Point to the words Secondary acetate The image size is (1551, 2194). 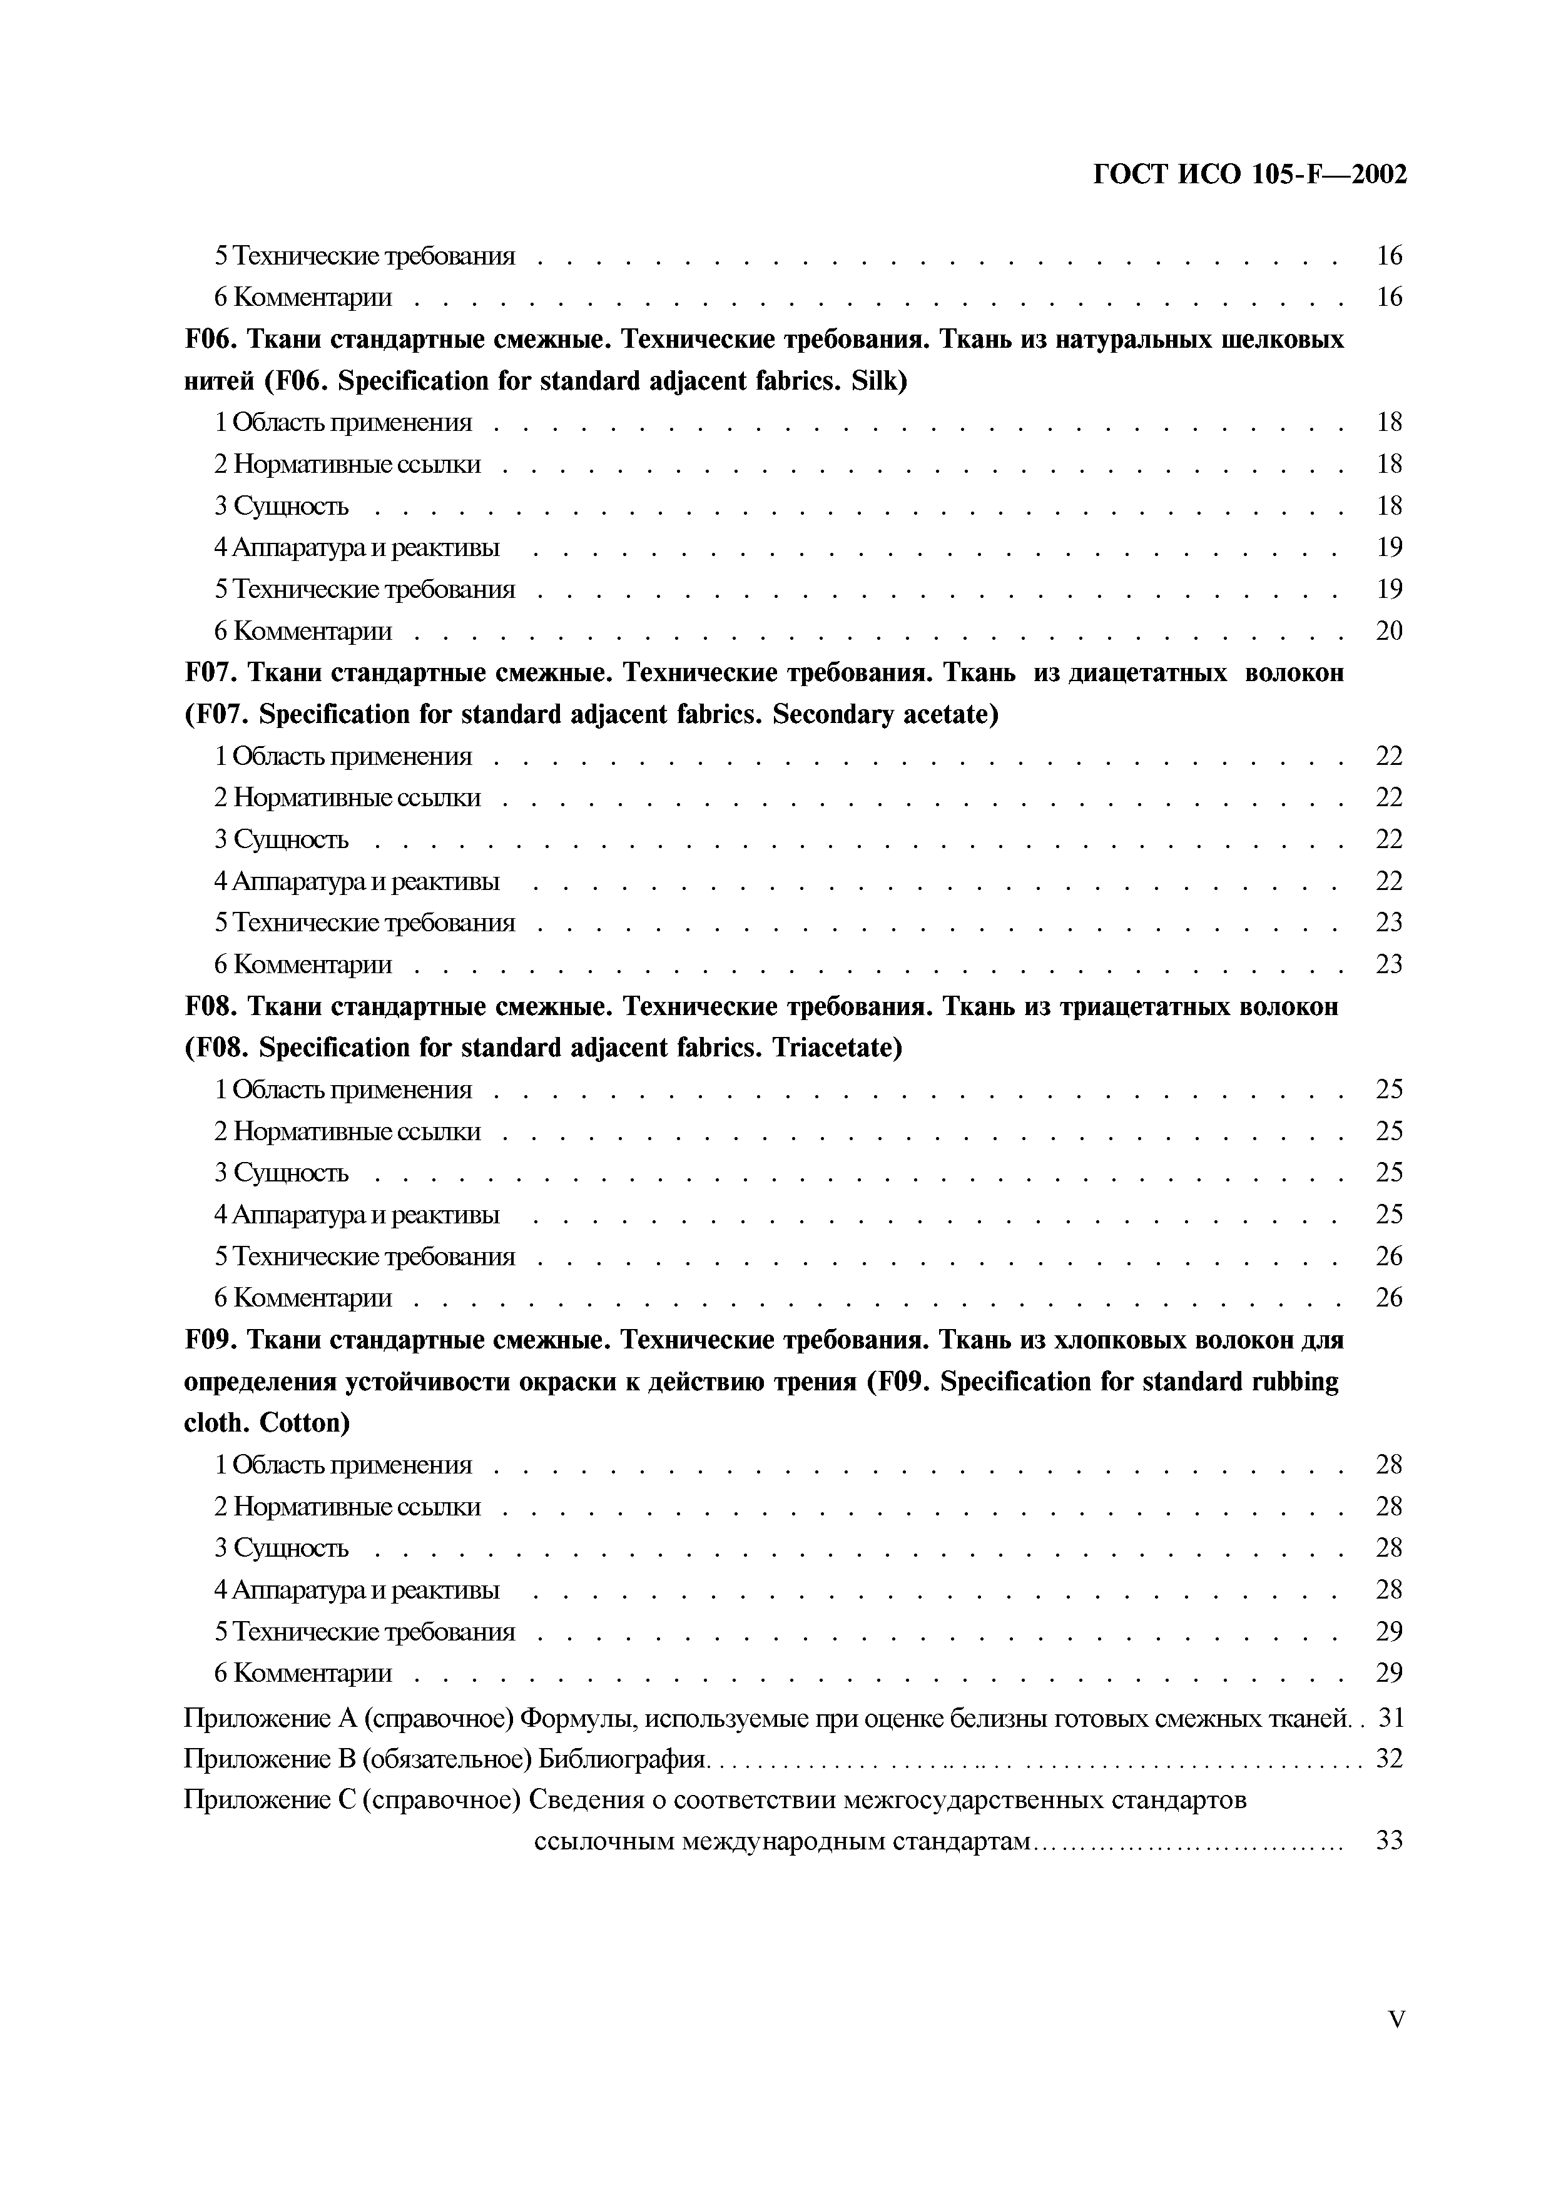click(x=885, y=715)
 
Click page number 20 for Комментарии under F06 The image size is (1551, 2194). click(x=1388, y=630)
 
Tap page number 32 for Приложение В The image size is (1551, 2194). click(x=1388, y=1757)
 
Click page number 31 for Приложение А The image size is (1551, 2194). click(x=1391, y=1718)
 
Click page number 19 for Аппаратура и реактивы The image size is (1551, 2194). click(x=1388, y=547)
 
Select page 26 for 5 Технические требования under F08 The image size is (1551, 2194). click(x=1388, y=1256)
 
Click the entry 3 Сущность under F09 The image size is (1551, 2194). click(x=281, y=1548)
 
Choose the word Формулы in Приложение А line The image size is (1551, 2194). click(x=577, y=1718)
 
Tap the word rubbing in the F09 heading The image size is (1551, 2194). click(x=1293, y=1382)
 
